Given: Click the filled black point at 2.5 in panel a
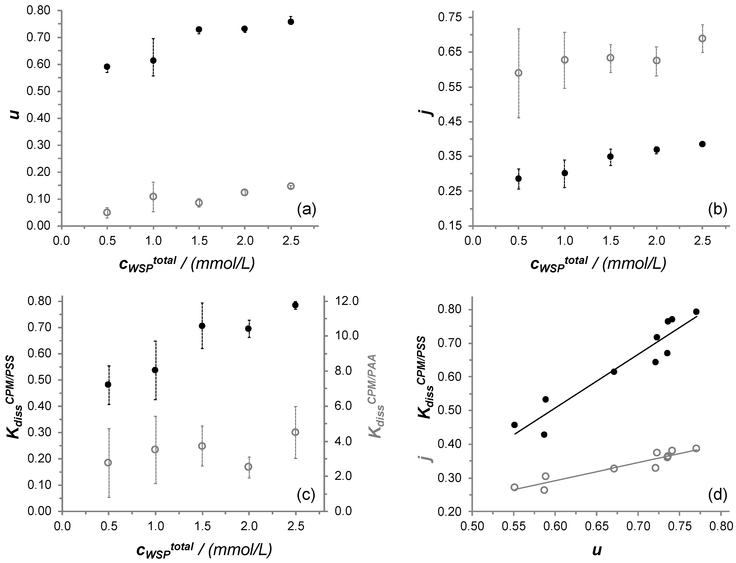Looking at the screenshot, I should [291, 22].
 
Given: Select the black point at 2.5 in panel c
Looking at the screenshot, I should [295, 305].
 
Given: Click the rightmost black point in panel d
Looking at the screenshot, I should [696, 312].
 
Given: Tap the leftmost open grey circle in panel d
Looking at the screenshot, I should [514, 487].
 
